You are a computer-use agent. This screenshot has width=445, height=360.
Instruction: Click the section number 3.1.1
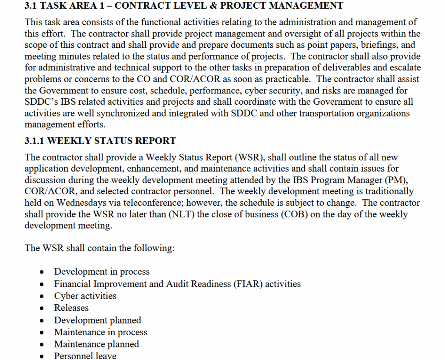[x=35, y=141]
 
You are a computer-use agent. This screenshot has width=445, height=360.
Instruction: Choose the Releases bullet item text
[x=71, y=308]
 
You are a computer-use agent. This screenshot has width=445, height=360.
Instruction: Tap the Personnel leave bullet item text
[x=85, y=356]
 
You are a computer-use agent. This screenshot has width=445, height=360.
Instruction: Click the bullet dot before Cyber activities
[x=42, y=297]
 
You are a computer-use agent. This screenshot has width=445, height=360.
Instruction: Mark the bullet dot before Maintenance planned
[x=42, y=345]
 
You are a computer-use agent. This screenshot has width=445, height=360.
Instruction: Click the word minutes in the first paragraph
[x=70, y=57]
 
